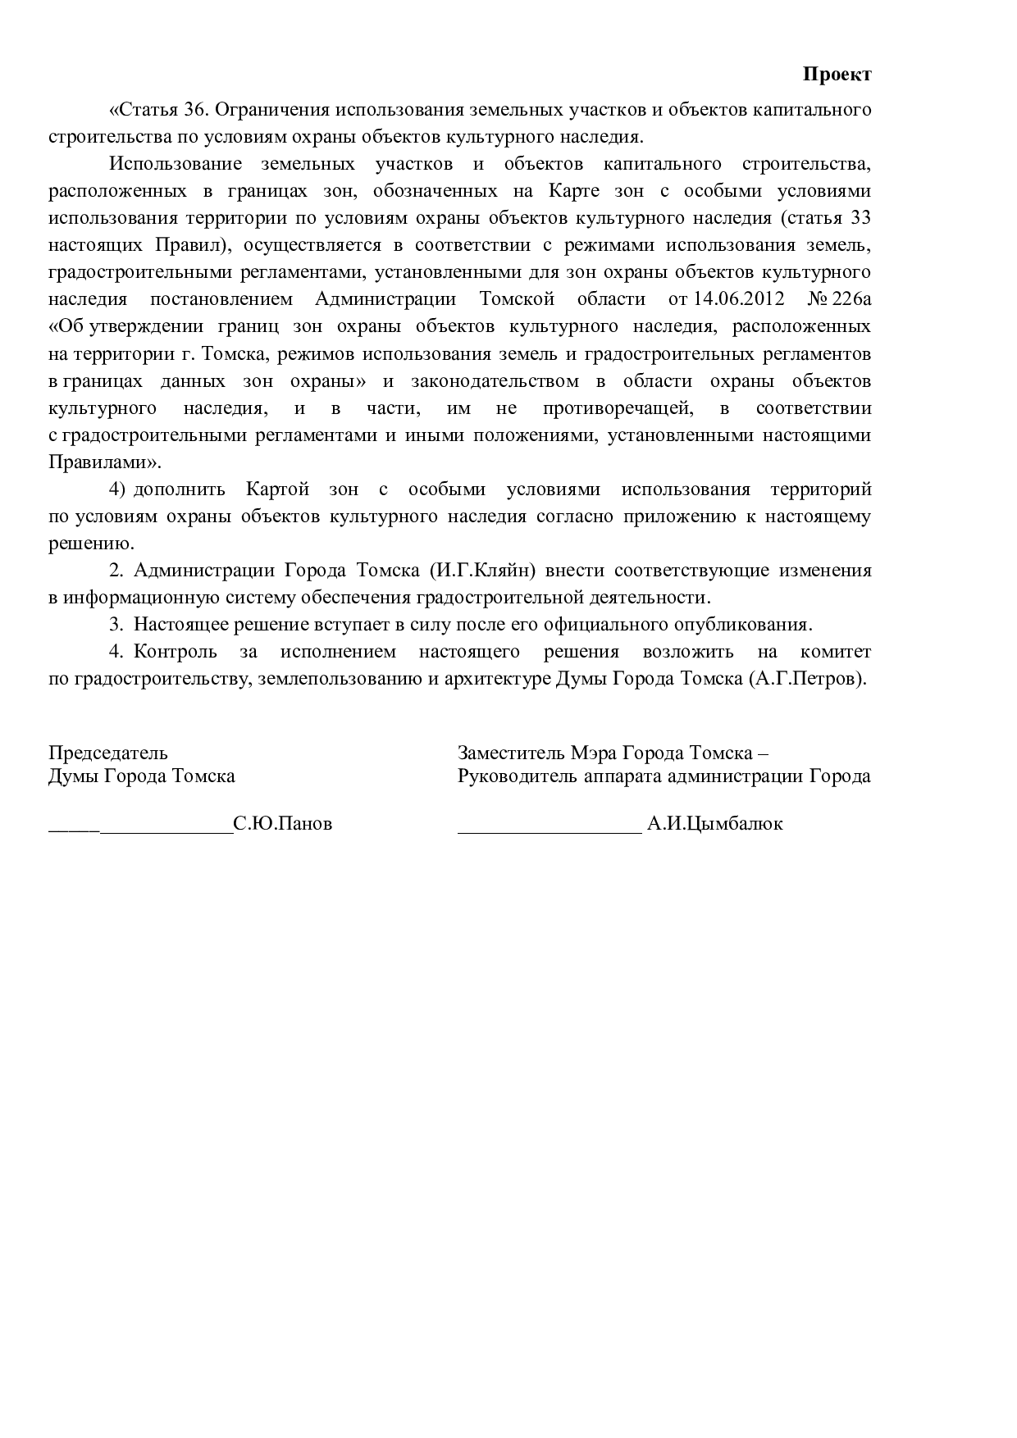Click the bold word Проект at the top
[836, 75]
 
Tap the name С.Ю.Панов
[283, 824]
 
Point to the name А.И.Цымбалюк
[714, 824]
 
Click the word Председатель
[108, 753]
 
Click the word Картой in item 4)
[277, 489]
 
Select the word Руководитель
[506, 776]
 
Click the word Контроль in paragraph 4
[176, 652]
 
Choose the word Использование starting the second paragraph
[176, 164]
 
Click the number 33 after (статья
[860, 218]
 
